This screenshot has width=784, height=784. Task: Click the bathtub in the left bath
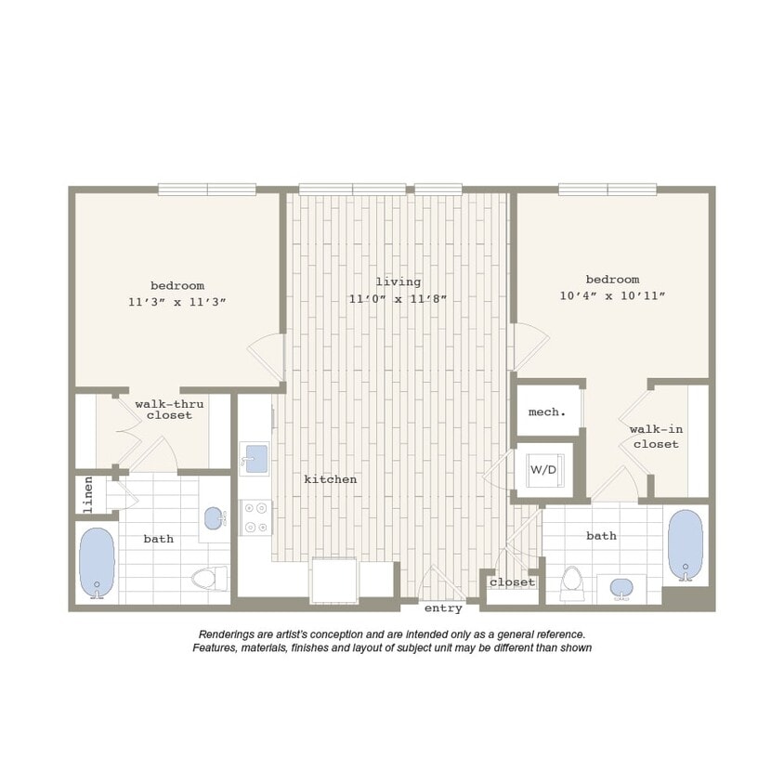(96, 563)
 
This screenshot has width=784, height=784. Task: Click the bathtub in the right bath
(686, 543)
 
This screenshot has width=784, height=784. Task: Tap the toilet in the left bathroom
(210, 579)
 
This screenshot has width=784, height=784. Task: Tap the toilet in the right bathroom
(572, 582)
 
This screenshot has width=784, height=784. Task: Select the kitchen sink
(254, 458)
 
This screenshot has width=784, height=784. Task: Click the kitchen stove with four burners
(255, 518)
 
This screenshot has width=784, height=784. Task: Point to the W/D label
(543, 470)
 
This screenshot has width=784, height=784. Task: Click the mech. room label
(547, 412)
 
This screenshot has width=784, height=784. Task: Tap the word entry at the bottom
(443, 608)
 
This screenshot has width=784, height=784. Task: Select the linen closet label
(89, 495)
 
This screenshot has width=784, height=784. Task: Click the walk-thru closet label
(169, 410)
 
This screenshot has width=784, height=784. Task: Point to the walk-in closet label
(656, 437)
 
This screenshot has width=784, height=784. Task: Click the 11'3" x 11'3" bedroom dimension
(177, 302)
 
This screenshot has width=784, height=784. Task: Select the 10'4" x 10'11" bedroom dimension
(612, 295)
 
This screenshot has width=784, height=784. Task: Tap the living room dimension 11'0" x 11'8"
(398, 298)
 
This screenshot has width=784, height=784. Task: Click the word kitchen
(331, 479)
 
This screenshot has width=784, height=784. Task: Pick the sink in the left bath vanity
(214, 518)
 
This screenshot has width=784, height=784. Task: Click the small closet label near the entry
(513, 582)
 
